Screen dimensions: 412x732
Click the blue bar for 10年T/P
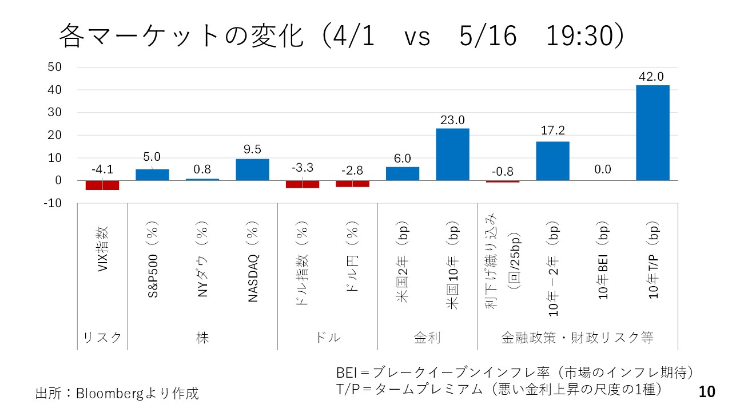pyautogui.click(x=653, y=133)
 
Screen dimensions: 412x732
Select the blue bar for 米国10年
pyautogui.click(x=452, y=154)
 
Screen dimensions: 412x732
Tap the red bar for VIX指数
pyautogui.click(x=102, y=185)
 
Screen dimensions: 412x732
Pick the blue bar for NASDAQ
pyautogui.click(x=252, y=169)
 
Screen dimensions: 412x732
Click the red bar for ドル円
pyautogui.click(x=352, y=184)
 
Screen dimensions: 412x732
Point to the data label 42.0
pyautogui.click(x=653, y=77)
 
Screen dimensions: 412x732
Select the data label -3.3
pyautogui.click(x=302, y=168)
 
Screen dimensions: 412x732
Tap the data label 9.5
pyautogui.click(x=252, y=149)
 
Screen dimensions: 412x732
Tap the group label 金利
pyautogui.click(x=427, y=338)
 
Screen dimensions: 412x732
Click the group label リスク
pyautogui.click(x=102, y=338)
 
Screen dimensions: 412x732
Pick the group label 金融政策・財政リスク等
pyautogui.click(x=578, y=338)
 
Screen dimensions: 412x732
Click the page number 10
pyautogui.click(x=707, y=392)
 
